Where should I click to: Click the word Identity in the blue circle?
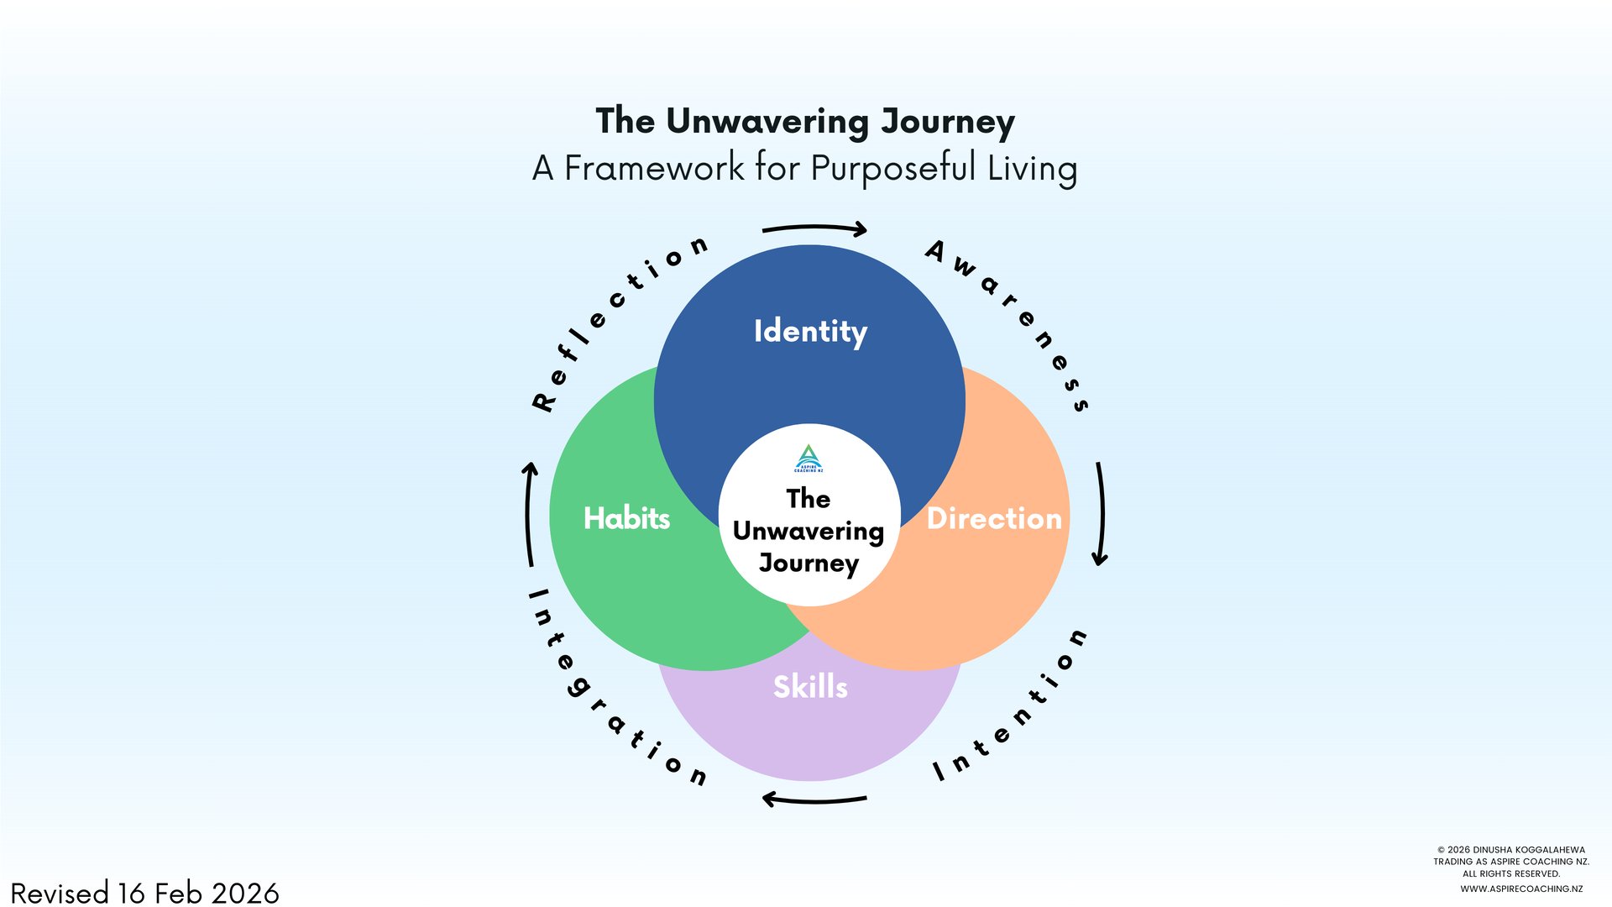click(810, 332)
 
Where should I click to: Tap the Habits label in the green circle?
click(626, 518)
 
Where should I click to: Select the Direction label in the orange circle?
click(994, 518)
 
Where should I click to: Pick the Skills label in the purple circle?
click(810, 687)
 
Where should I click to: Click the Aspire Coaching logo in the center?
click(809, 459)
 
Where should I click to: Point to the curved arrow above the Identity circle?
click(814, 228)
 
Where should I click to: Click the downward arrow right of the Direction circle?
click(1100, 513)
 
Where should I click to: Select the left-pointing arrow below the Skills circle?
click(814, 799)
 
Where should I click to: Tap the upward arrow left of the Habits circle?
click(529, 513)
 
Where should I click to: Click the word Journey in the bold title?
click(947, 123)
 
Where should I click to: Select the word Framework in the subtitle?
click(653, 168)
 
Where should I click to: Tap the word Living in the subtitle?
click(1032, 168)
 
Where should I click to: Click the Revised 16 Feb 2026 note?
click(144, 893)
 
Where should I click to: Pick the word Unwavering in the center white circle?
click(809, 532)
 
